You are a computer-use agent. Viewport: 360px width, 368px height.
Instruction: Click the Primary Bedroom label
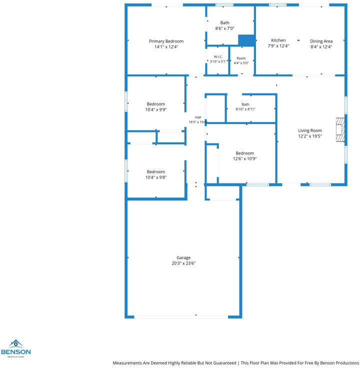click(166, 41)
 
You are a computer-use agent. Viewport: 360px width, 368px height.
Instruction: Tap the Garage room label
click(183, 257)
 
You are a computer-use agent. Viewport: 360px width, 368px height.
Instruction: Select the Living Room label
click(310, 130)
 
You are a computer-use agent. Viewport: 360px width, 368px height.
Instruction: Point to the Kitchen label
click(278, 40)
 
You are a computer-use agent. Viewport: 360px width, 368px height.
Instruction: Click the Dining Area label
click(321, 41)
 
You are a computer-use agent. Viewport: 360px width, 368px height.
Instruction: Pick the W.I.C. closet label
click(218, 57)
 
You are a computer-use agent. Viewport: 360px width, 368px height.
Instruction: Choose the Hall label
click(198, 117)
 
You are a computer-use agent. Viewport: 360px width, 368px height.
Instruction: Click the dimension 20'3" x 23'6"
click(183, 263)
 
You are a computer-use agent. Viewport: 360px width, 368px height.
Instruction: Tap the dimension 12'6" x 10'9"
click(244, 158)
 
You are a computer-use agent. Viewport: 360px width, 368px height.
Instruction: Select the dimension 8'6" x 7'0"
click(225, 28)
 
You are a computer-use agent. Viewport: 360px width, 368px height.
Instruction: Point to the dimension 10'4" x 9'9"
click(156, 109)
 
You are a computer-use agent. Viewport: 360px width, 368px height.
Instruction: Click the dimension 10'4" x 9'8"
click(156, 177)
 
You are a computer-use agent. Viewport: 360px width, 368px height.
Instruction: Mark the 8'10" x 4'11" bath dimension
click(245, 109)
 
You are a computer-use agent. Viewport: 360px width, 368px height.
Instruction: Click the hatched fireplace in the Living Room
click(340, 130)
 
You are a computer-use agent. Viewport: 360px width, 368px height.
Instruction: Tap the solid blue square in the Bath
click(246, 40)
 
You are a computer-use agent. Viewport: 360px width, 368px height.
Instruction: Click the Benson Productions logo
click(15, 348)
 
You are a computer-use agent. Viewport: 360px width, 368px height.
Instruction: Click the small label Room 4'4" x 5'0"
click(241, 60)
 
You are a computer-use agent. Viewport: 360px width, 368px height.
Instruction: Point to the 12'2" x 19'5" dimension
click(310, 136)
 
